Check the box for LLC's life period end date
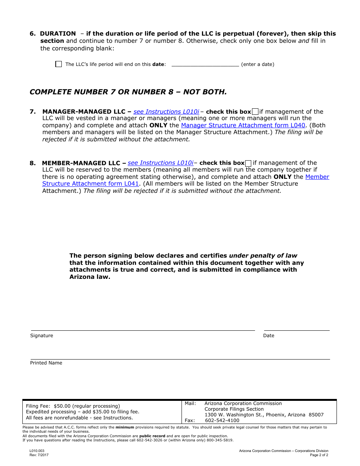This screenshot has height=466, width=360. pyautogui.click(x=58, y=64)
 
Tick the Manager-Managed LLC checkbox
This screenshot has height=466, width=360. pyautogui.click(x=255, y=112)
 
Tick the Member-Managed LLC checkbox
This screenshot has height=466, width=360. pyautogui.click(x=249, y=163)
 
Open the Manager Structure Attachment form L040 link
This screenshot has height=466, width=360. pyautogui.click(x=243, y=125)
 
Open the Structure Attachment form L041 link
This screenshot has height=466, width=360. pyautogui.click(x=91, y=184)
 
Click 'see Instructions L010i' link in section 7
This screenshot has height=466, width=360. pyautogui.click(x=166, y=112)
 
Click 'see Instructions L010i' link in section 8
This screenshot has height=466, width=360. pyautogui.click(x=160, y=163)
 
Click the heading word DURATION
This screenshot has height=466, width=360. pyautogui.click(x=58, y=34)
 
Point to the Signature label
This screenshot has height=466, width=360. pyautogui.click(x=42, y=336)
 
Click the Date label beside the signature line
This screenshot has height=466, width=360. pyautogui.click(x=268, y=336)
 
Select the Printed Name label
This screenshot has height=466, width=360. pyautogui.click(x=46, y=363)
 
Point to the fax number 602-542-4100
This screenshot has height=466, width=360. pyautogui.click(x=222, y=421)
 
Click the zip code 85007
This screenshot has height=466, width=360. pyautogui.click(x=316, y=415)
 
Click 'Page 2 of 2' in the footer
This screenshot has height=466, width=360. pyautogui.click(x=319, y=455)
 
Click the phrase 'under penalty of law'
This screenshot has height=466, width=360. pyautogui.click(x=263, y=256)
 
